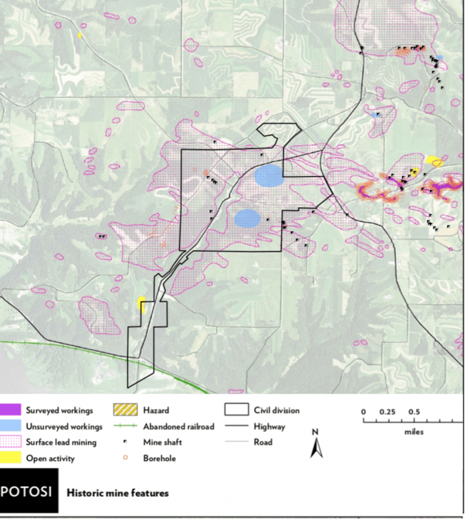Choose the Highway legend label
(x=270, y=426)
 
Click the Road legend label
(x=263, y=442)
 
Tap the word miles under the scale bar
(x=413, y=432)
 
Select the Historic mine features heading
(x=117, y=493)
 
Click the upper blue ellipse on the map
(x=269, y=176)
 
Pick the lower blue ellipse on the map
(x=248, y=218)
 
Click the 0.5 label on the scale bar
(x=414, y=411)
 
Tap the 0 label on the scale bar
(x=363, y=411)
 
